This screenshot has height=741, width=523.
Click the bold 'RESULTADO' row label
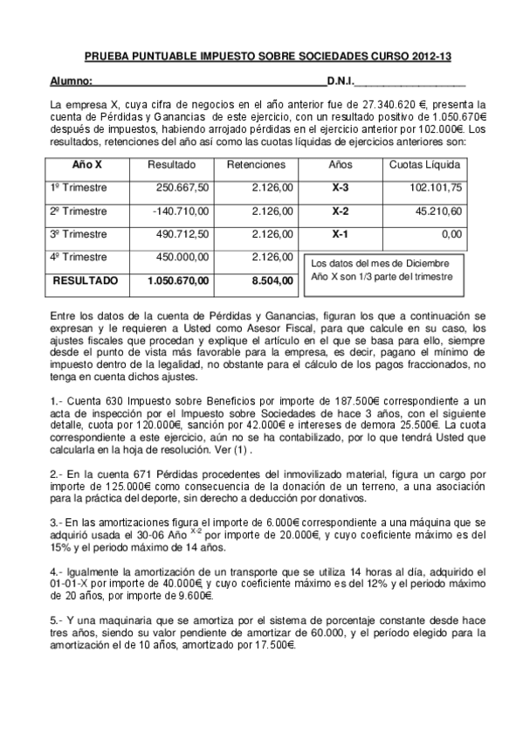click(86, 280)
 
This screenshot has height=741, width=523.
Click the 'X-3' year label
click(341, 187)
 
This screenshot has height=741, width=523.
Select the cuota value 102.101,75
click(435, 187)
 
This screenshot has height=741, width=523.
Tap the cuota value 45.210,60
click(438, 211)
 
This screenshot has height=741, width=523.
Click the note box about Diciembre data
click(382, 269)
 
